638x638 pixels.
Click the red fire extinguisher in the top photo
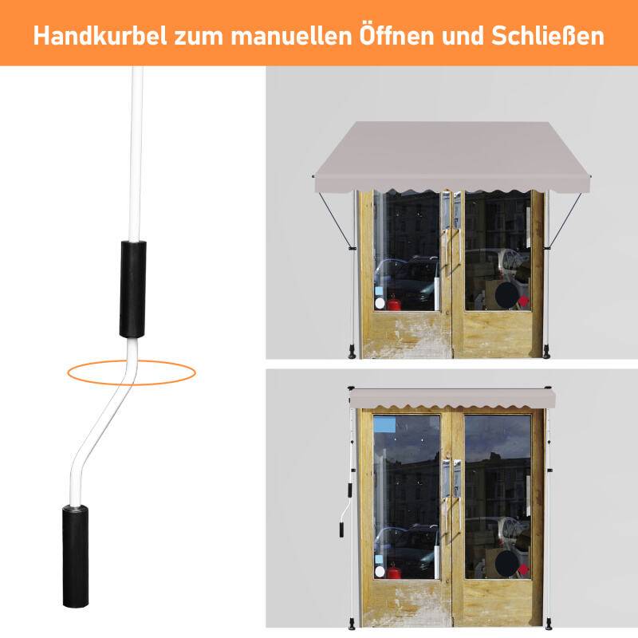(393, 301)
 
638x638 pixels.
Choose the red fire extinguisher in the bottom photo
(393, 571)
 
